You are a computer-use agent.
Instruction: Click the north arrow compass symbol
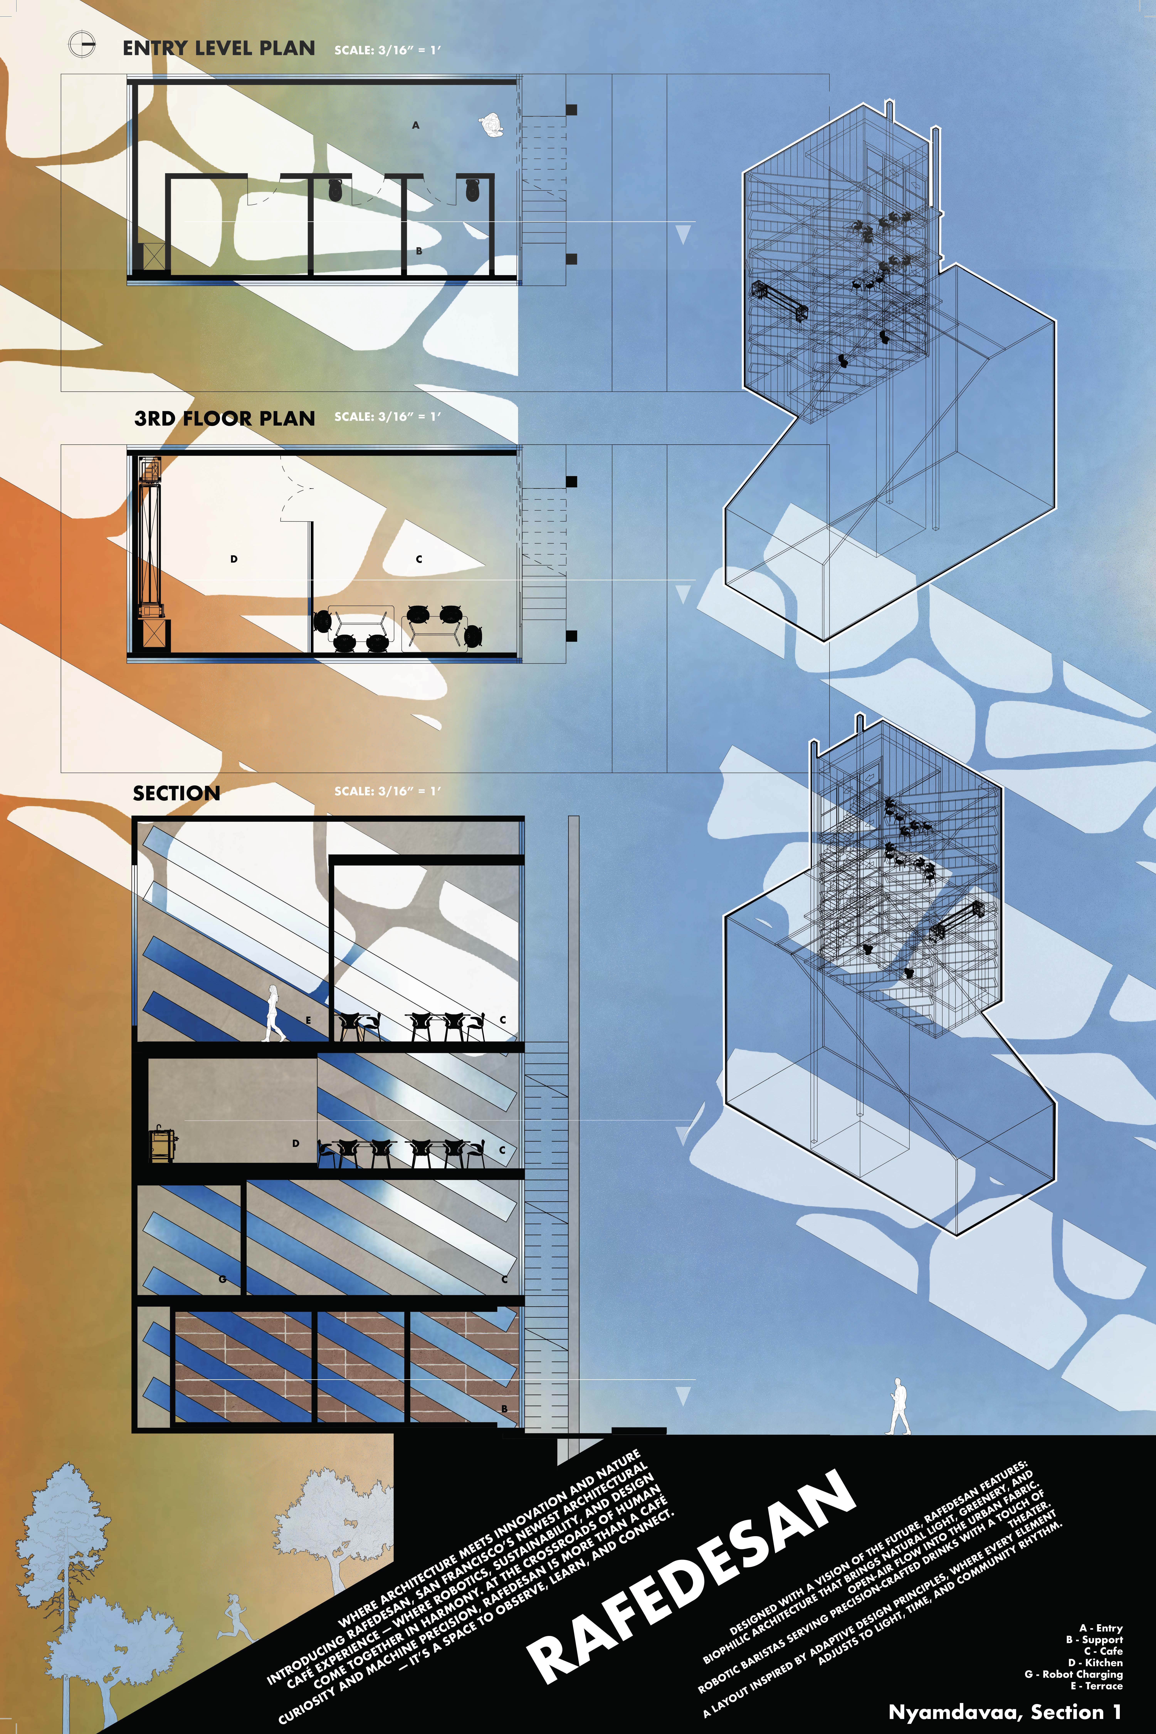point(82,45)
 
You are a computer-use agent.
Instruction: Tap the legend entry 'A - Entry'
point(1101,1627)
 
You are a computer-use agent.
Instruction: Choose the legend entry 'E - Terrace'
point(1096,1685)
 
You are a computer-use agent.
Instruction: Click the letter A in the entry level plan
point(416,125)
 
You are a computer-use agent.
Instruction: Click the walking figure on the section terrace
point(274,1014)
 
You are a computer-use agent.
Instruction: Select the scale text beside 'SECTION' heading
point(388,791)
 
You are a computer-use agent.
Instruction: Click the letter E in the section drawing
point(308,1020)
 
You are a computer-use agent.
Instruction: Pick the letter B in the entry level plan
point(419,251)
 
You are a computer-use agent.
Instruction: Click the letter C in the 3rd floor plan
point(419,559)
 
